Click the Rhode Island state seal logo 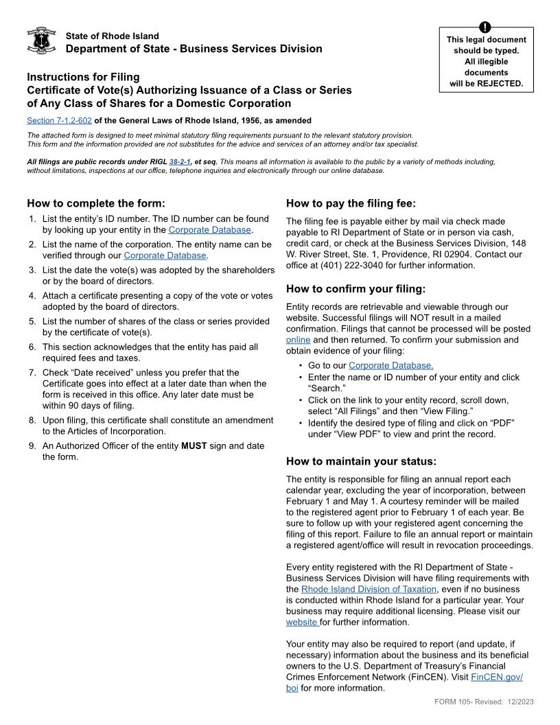pyautogui.click(x=41, y=41)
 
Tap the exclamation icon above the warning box pyautogui.click(x=485, y=27)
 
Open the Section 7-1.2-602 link pyautogui.click(x=59, y=120)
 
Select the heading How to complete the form pyautogui.click(x=96, y=203)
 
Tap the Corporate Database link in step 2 pyautogui.click(x=165, y=255)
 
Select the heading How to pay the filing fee pyautogui.click(x=351, y=203)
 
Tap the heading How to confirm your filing pyautogui.click(x=355, y=289)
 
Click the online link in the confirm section pyautogui.click(x=298, y=340)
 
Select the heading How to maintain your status pyautogui.click(x=361, y=461)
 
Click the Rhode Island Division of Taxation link pyautogui.click(x=369, y=589)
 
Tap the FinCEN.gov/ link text pyautogui.click(x=497, y=677)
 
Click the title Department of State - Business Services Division pyautogui.click(x=194, y=49)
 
